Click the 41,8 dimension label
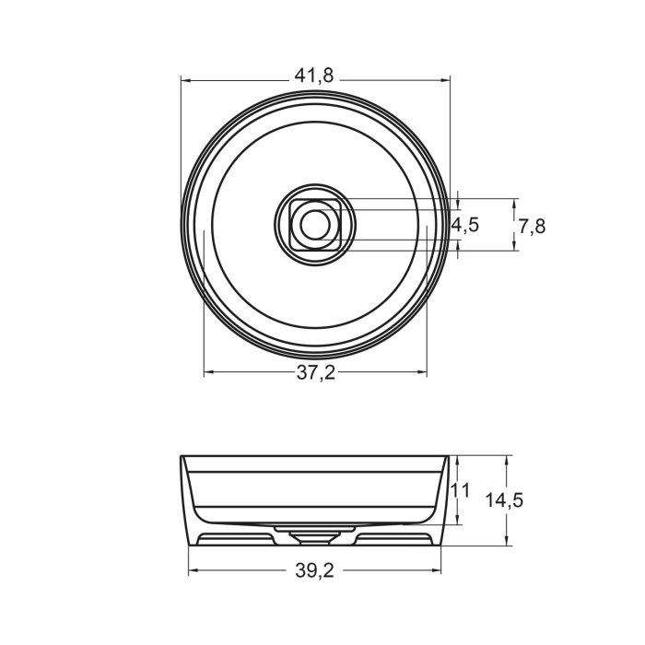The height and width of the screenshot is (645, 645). (314, 76)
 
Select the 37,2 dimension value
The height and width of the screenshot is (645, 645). (315, 372)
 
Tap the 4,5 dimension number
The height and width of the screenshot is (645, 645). (464, 225)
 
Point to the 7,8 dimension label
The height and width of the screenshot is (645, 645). (532, 225)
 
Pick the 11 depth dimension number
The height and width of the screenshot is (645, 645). (462, 491)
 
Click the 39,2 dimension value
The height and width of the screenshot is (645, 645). (315, 571)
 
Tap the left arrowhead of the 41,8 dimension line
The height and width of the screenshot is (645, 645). (185, 79)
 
